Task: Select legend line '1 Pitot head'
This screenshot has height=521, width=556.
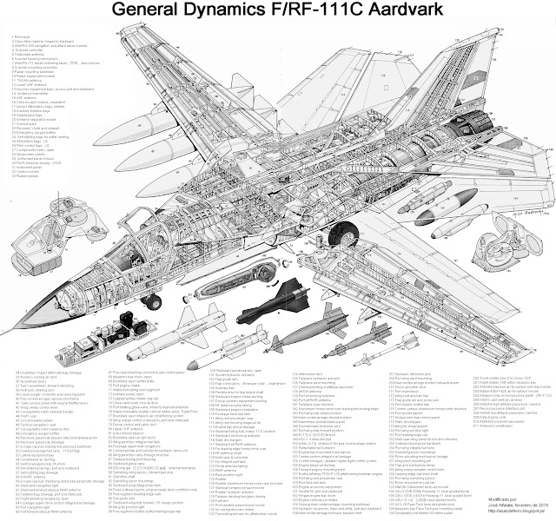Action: tap(17, 36)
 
